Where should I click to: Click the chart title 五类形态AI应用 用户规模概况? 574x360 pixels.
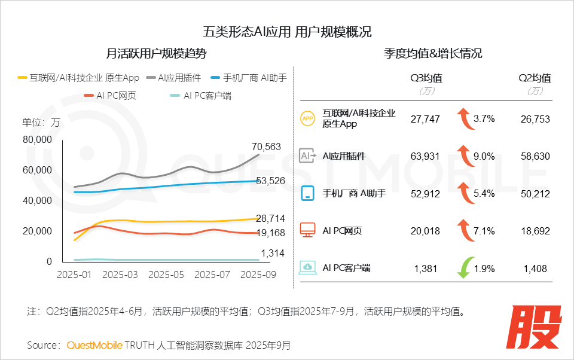[287, 32]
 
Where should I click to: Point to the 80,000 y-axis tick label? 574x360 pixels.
[37, 139]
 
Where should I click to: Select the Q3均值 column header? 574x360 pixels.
[426, 78]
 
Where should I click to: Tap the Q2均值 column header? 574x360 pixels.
[535, 78]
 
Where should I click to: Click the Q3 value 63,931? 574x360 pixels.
[425, 156]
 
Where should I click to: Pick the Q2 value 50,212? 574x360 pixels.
[535, 193]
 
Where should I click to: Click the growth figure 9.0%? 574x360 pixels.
[484, 156]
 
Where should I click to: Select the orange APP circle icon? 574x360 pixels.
[307, 119]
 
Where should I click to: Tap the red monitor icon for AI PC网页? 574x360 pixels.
[307, 230]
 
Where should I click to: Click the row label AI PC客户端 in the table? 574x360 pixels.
[346, 268]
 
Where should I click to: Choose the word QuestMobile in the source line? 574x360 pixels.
[94, 345]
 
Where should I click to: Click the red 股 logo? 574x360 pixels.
[536, 328]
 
